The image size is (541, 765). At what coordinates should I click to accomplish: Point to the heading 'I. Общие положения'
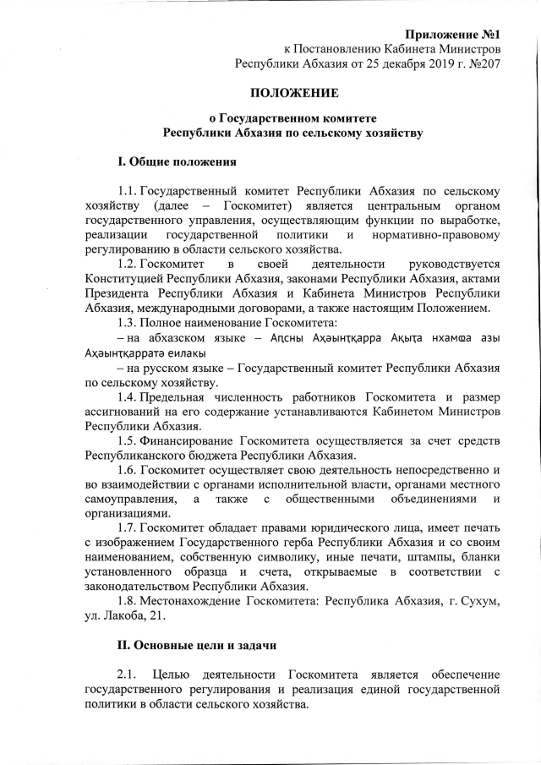click(176, 161)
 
